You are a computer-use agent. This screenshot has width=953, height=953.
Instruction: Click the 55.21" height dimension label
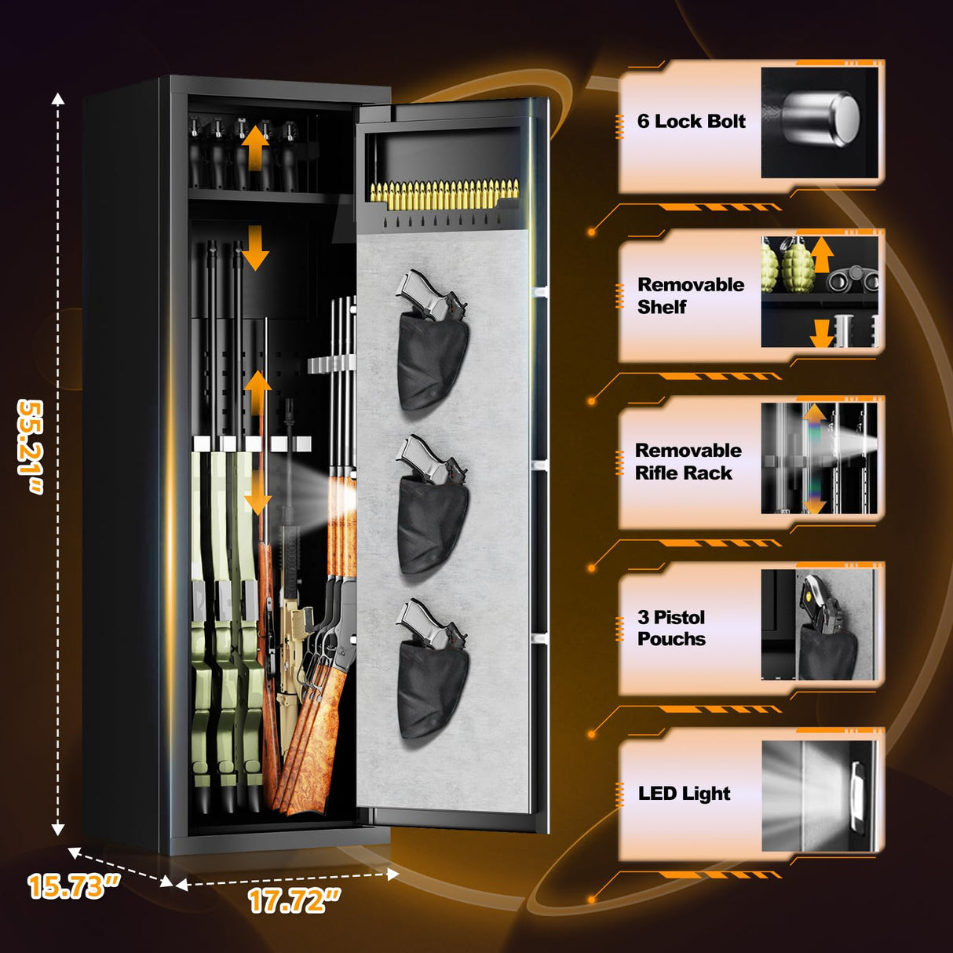point(31,447)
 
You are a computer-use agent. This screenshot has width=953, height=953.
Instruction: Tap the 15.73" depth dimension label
point(73,886)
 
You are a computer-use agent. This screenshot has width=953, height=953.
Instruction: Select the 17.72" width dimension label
point(294,900)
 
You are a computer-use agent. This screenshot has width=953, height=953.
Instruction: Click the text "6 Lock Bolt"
point(691,122)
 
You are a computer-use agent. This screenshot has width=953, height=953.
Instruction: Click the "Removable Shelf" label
point(690,296)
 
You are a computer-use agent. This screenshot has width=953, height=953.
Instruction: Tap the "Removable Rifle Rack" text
point(688,462)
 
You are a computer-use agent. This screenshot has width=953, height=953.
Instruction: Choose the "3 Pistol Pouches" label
point(672,628)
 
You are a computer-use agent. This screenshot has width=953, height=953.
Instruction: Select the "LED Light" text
point(684,794)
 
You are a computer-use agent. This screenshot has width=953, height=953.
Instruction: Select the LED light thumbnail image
point(819,795)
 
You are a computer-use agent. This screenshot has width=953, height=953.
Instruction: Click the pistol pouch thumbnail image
point(819,625)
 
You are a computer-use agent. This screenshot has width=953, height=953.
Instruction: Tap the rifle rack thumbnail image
point(819,458)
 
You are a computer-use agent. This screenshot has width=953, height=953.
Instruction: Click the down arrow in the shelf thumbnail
point(821,333)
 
